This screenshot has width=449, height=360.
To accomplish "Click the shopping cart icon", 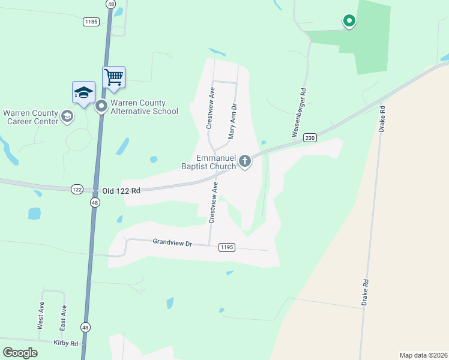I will (x=113, y=76).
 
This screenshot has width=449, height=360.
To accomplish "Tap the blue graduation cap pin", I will (x=83, y=92).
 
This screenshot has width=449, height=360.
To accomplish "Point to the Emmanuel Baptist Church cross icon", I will (x=244, y=161).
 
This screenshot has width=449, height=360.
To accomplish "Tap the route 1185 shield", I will (x=91, y=21).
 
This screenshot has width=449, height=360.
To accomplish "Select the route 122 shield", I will (x=76, y=189).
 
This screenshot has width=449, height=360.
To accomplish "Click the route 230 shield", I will (x=309, y=137).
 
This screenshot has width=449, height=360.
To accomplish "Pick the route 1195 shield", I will (x=226, y=247).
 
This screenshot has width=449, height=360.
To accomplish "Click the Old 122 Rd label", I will (x=121, y=190).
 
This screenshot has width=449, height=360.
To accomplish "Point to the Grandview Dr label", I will (x=172, y=243).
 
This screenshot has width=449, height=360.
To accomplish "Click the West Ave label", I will (x=41, y=316).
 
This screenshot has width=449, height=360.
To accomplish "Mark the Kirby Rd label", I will (x=65, y=343).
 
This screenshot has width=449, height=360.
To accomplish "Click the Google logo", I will (x=20, y=352).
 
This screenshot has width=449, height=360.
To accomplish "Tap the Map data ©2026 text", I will (x=423, y=355).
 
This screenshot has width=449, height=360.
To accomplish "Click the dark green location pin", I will (x=349, y=21).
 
